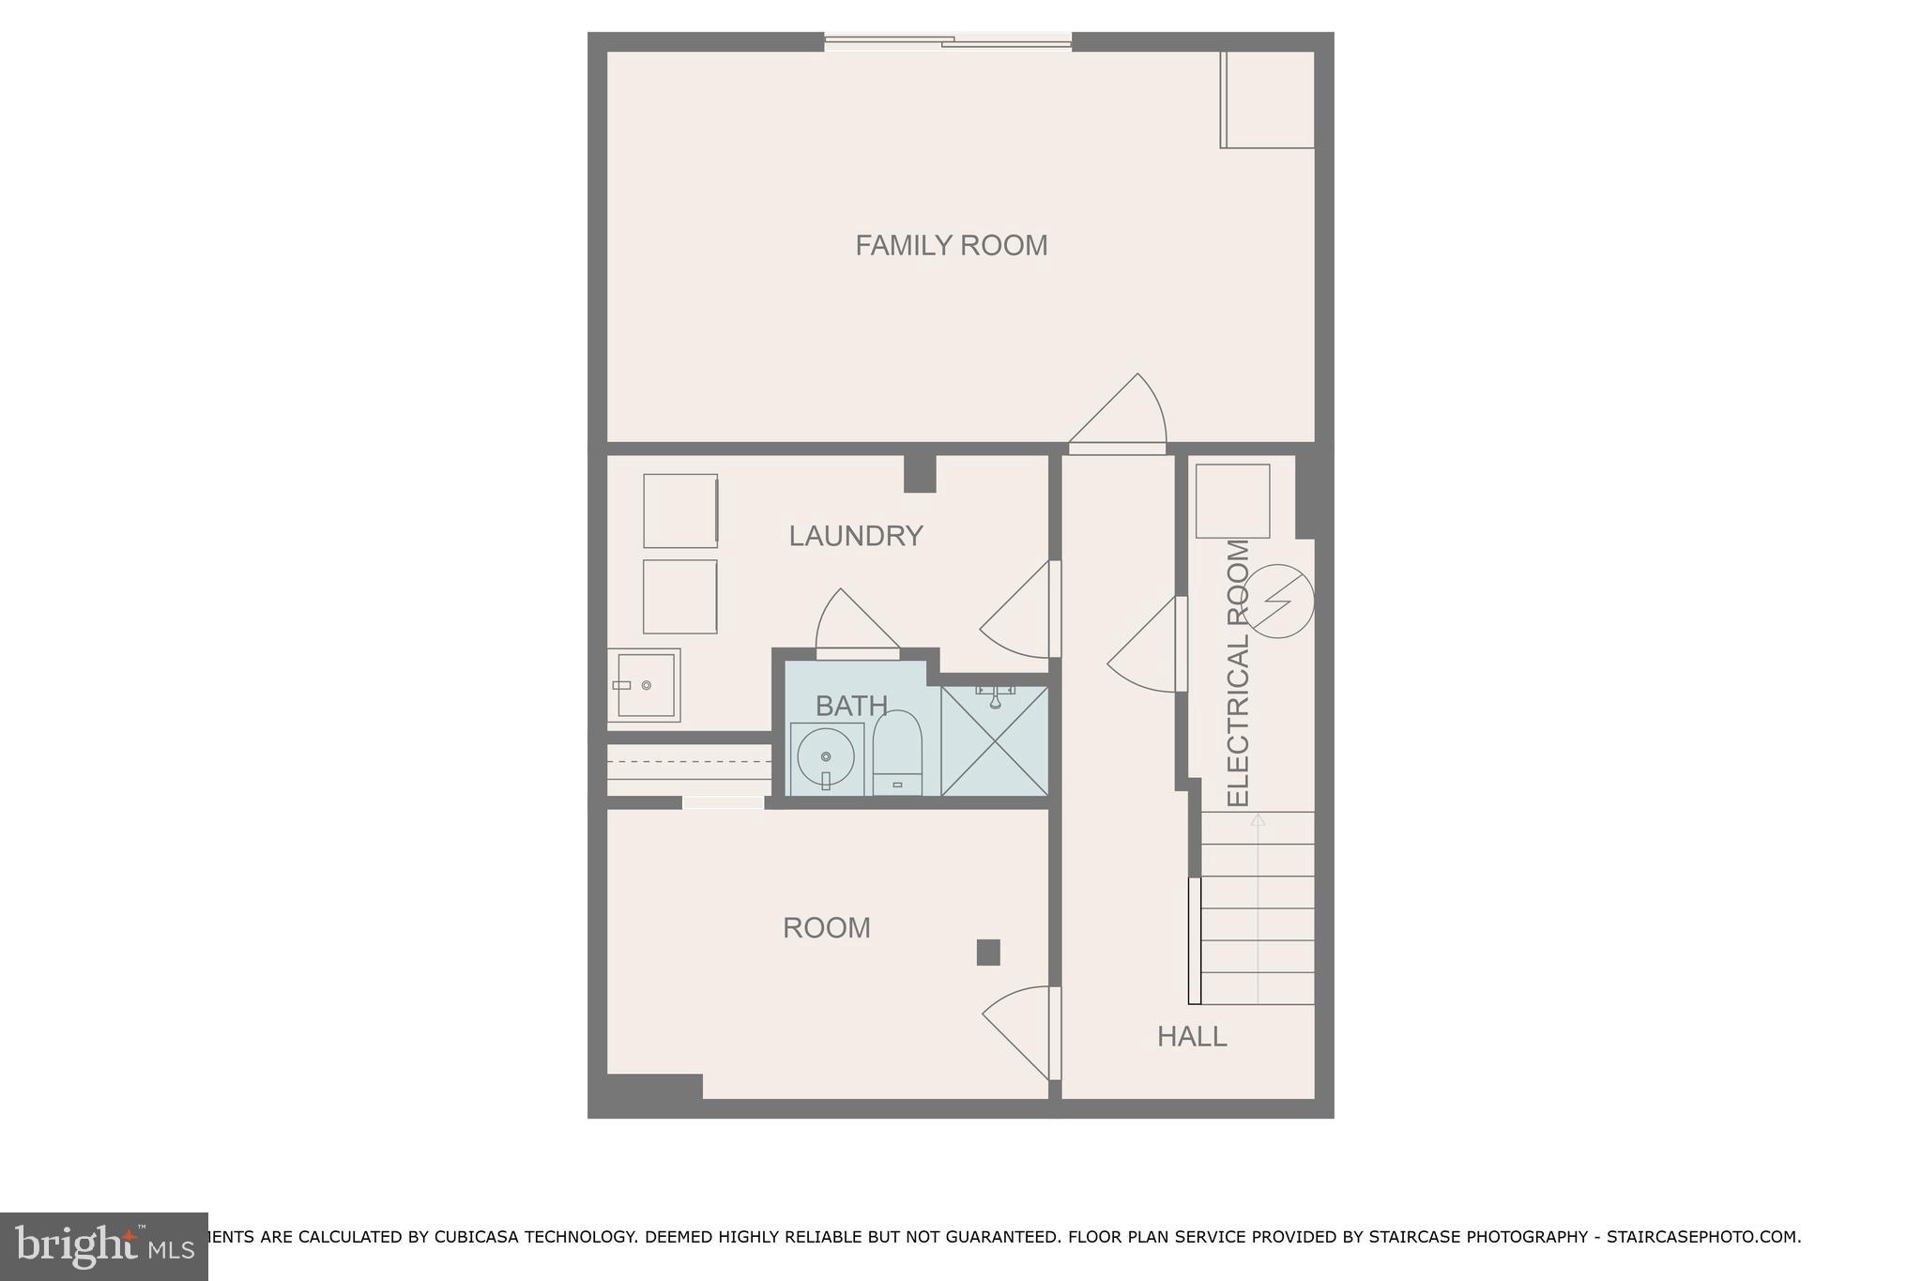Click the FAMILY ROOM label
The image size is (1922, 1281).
click(951, 245)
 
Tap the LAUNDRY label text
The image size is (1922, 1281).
click(855, 536)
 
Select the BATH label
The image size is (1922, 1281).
click(851, 705)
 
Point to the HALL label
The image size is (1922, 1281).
click(1191, 1036)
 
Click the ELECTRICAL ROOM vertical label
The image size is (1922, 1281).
click(1239, 673)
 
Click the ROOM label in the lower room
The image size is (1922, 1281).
click(826, 927)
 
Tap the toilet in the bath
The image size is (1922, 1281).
click(897, 754)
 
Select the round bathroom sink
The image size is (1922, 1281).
click(826, 757)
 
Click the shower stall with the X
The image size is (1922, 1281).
click(994, 741)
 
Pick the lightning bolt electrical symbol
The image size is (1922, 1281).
click(1278, 601)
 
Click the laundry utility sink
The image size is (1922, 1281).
click(644, 685)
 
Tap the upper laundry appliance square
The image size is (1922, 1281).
click(680, 511)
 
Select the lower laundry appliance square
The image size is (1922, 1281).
click(679, 597)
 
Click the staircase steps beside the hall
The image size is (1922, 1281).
click(1257, 907)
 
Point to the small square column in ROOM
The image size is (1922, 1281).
click(988, 953)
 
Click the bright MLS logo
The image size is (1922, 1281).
click(104, 1246)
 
